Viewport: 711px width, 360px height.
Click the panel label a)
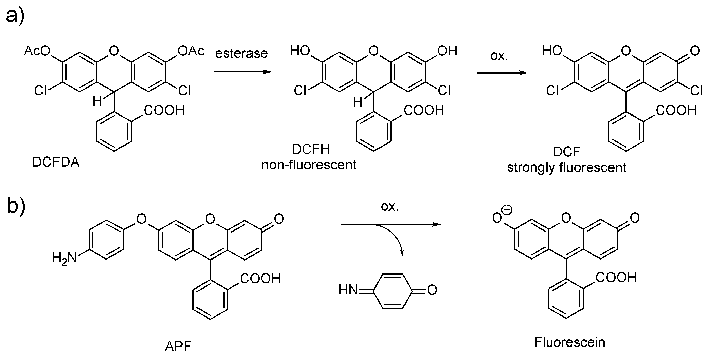pos(15,16)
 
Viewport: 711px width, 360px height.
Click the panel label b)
pos(16,206)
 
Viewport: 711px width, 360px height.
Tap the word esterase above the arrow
pos(241,53)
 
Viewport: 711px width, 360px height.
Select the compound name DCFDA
pos(56,162)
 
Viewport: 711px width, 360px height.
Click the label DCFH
pos(311,150)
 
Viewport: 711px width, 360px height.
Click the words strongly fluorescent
pos(567,168)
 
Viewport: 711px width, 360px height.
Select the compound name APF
pos(178,346)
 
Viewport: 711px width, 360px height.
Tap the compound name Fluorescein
pos(569,342)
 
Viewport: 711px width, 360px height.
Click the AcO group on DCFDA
pos(37,51)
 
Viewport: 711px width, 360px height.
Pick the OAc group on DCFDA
pos(191,51)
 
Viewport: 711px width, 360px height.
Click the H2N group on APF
pos(64,258)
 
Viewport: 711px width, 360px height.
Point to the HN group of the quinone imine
pos(348,290)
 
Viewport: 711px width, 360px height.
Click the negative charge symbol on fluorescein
pos(507,210)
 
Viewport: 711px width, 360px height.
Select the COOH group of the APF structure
pos(260,278)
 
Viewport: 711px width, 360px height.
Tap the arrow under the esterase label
pos(242,72)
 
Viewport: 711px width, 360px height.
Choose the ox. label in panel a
pos(499,56)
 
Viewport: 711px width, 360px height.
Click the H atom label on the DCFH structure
pos(358,102)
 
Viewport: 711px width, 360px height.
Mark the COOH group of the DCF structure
pos(676,111)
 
